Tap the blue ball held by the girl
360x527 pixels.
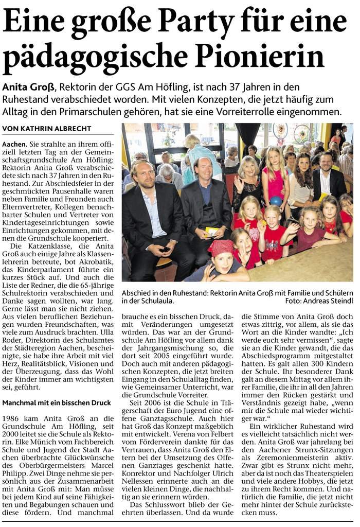[276, 201]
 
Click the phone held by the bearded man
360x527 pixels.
[166, 250]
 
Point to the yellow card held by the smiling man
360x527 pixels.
[211, 231]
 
